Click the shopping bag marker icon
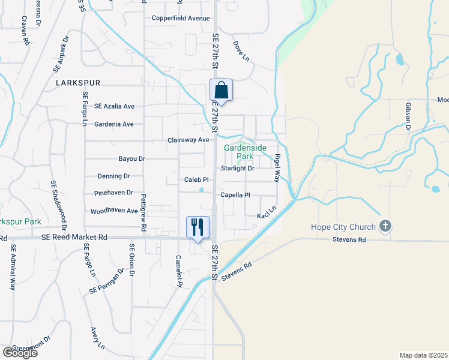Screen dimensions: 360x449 point(221,90)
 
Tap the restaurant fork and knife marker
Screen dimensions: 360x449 point(197,227)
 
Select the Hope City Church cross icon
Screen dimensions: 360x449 point(385,227)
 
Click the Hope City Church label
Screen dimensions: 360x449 point(343,227)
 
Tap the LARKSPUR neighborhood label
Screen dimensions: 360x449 point(79,82)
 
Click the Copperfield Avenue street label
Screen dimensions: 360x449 point(180,18)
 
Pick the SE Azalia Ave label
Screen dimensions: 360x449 point(109,106)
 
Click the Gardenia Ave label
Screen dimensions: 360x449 point(112,124)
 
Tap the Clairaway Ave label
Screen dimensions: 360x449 point(188,140)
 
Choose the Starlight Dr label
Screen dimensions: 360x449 point(238,169)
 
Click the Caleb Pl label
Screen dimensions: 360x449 point(196,179)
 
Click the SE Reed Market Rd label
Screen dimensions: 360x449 point(74,238)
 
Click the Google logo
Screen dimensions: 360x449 point(19,353)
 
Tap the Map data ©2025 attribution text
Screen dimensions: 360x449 point(423,355)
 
